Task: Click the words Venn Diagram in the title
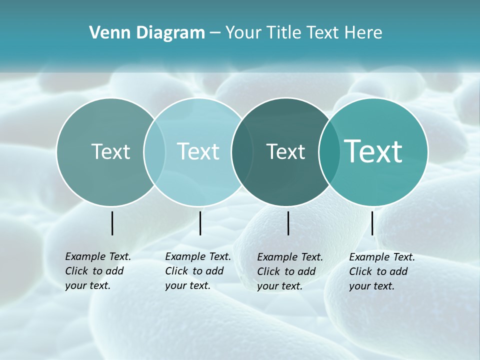point(147,33)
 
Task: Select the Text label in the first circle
point(110,151)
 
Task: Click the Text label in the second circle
point(198,151)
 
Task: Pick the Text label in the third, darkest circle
point(285,151)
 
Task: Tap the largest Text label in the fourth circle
point(373,151)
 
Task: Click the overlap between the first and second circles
point(154,151)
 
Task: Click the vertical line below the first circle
point(112,223)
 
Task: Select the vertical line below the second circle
point(200,223)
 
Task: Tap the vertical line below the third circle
point(288,223)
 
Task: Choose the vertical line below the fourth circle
point(372,223)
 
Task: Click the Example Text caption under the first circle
point(98,271)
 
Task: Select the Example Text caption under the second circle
point(198,271)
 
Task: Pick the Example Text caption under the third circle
point(290,271)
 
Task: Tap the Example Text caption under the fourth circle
point(382,271)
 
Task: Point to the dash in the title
point(215,33)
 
